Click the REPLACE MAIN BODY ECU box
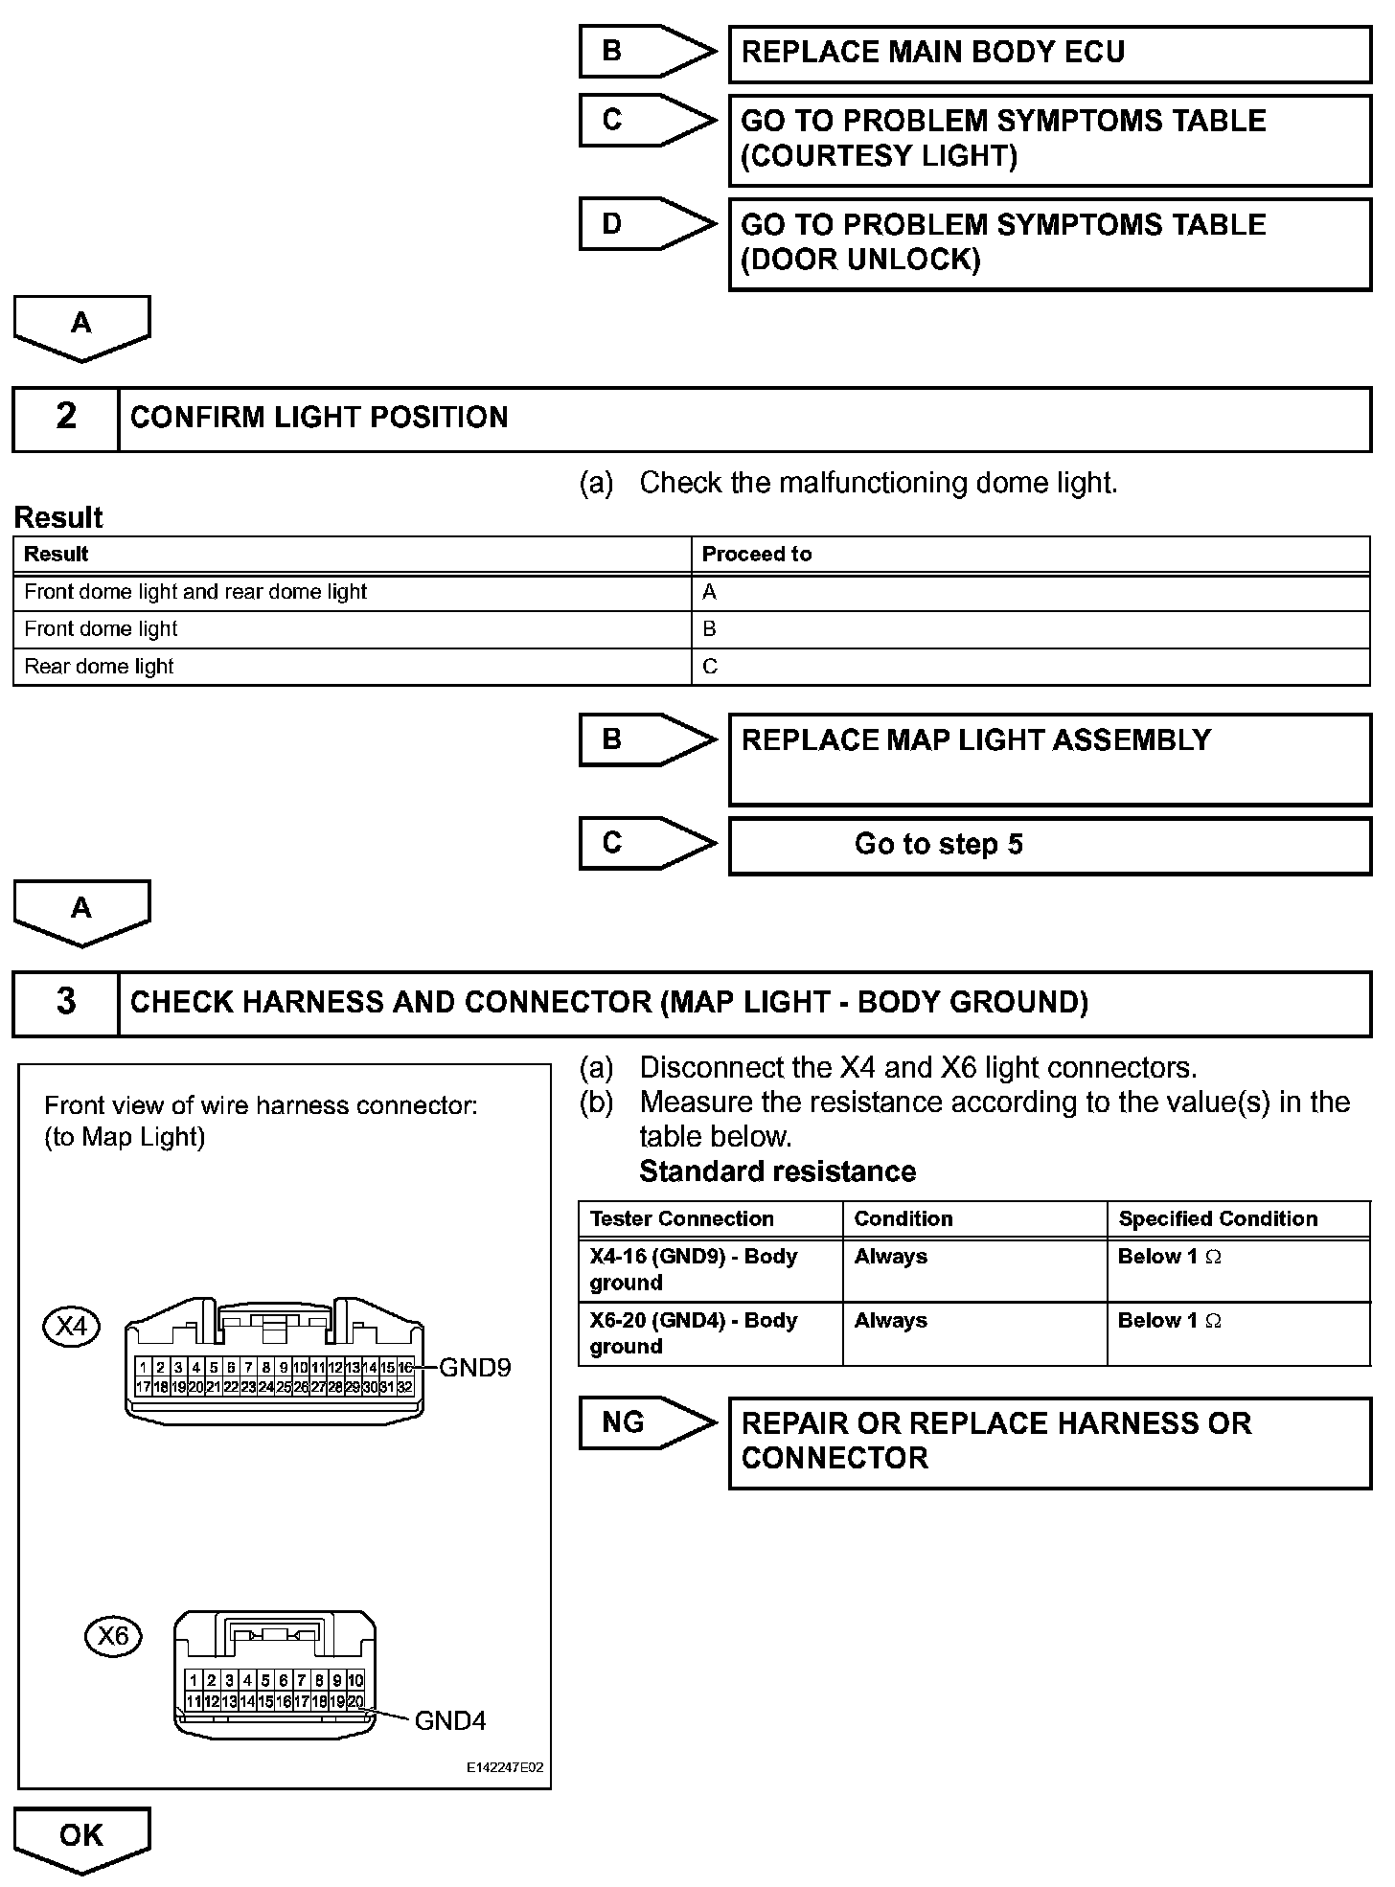(1049, 53)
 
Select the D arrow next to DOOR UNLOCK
(647, 224)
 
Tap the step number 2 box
(65, 418)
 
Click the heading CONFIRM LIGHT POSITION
(319, 418)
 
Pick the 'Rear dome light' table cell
(99, 667)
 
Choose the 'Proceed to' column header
(757, 555)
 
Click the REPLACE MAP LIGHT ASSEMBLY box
(1049, 759)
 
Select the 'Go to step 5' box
(1049, 845)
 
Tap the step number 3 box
(65, 1003)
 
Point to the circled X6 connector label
(113, 1635)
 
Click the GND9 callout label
(475, 1368)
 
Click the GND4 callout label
(450, 1721)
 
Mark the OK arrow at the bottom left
(81, 1836)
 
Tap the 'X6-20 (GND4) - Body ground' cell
(694, 1333)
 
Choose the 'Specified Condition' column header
(1218, 1219)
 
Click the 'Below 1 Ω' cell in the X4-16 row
(1170, 1257)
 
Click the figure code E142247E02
(505, 1767)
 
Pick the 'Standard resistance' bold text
(777, 1171)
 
